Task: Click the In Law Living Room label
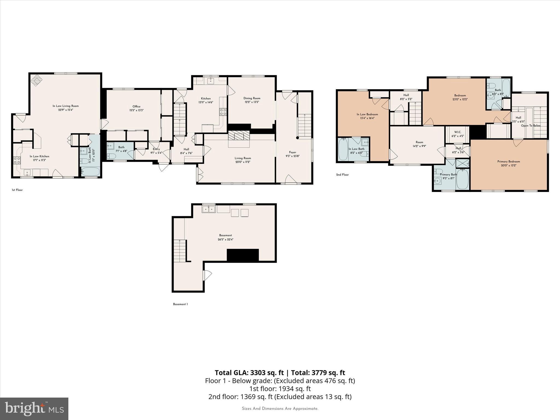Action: point(66,106)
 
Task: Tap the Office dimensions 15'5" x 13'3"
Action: point(136,110)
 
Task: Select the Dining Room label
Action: point(252,98)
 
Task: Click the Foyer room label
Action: point(293,152)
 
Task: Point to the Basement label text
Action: point(226,235)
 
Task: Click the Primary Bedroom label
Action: point(509,162)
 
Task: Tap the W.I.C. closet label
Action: point(457,132)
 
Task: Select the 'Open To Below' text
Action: point(531,126)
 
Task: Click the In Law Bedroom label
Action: point(367,115)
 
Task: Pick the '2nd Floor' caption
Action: point(342,175)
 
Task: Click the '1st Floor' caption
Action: point(17,190)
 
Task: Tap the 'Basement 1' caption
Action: point(180,304)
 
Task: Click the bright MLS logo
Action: point(34,409)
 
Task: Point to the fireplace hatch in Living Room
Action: point(239,135)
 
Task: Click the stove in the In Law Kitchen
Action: point(17,161)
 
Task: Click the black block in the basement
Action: point(243,255)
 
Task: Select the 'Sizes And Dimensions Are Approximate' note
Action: point(280,409)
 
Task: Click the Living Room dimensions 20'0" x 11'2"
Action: point(243,162)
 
